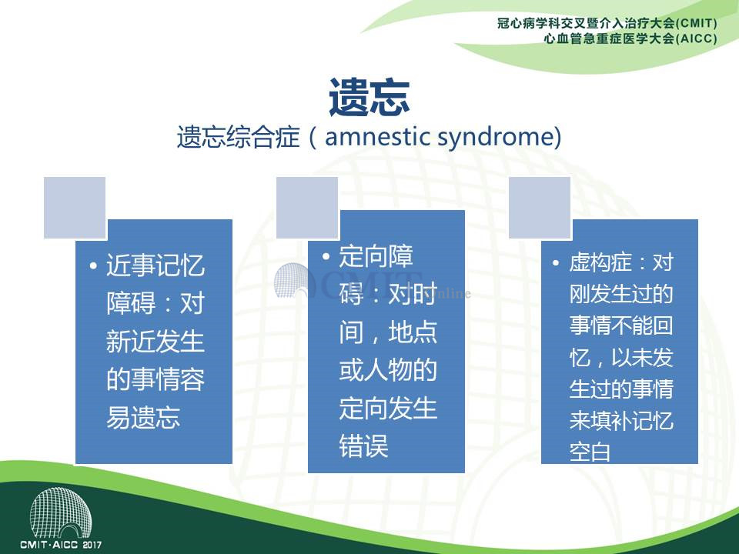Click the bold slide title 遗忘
click(x=369, y=98)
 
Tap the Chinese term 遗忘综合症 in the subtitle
click(x=239, y=138)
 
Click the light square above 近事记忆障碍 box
click(x=75, y=208)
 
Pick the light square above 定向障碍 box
click(x=307, y=208)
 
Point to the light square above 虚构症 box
click(x=540, y=208)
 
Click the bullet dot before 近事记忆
click(x=93, y=266)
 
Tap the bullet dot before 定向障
click(x=326, y=257)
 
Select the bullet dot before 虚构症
click(x=556, y=263)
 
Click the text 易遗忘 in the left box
click(x=143, y=417)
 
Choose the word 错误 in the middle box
click(x=363, y=446)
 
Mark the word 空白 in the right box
click(x=590, y=452)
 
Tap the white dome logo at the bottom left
click(x=61, y=513)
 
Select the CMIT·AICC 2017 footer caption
click(x=61, y=545)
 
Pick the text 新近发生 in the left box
click(x=155, y=342)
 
